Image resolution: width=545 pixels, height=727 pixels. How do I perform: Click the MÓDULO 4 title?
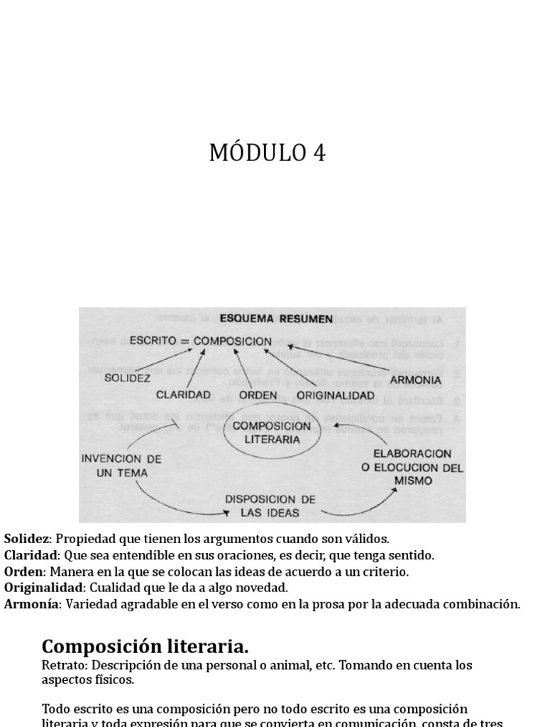268,153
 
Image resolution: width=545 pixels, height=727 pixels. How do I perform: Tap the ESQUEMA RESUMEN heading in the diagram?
276,319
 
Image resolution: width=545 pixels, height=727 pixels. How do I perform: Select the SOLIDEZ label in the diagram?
128,378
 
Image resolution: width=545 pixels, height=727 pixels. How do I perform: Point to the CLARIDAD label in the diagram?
184,394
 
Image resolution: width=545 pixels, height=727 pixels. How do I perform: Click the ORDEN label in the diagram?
258,394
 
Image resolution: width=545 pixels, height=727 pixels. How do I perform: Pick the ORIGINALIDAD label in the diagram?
335,394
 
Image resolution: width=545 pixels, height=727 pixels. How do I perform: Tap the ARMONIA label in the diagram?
415,380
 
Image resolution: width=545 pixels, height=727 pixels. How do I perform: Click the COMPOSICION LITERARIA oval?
267,432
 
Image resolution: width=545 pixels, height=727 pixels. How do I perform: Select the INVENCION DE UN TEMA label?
121,465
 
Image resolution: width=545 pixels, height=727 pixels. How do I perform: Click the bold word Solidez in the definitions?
27,540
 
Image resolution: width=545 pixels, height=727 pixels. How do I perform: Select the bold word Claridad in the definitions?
30,555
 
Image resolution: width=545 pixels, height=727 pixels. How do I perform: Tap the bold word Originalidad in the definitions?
43,588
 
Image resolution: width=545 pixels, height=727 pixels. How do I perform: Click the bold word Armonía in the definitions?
32,604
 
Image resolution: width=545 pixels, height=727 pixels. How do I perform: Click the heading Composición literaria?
145,646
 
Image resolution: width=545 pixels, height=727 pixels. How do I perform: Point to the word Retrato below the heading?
61,666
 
